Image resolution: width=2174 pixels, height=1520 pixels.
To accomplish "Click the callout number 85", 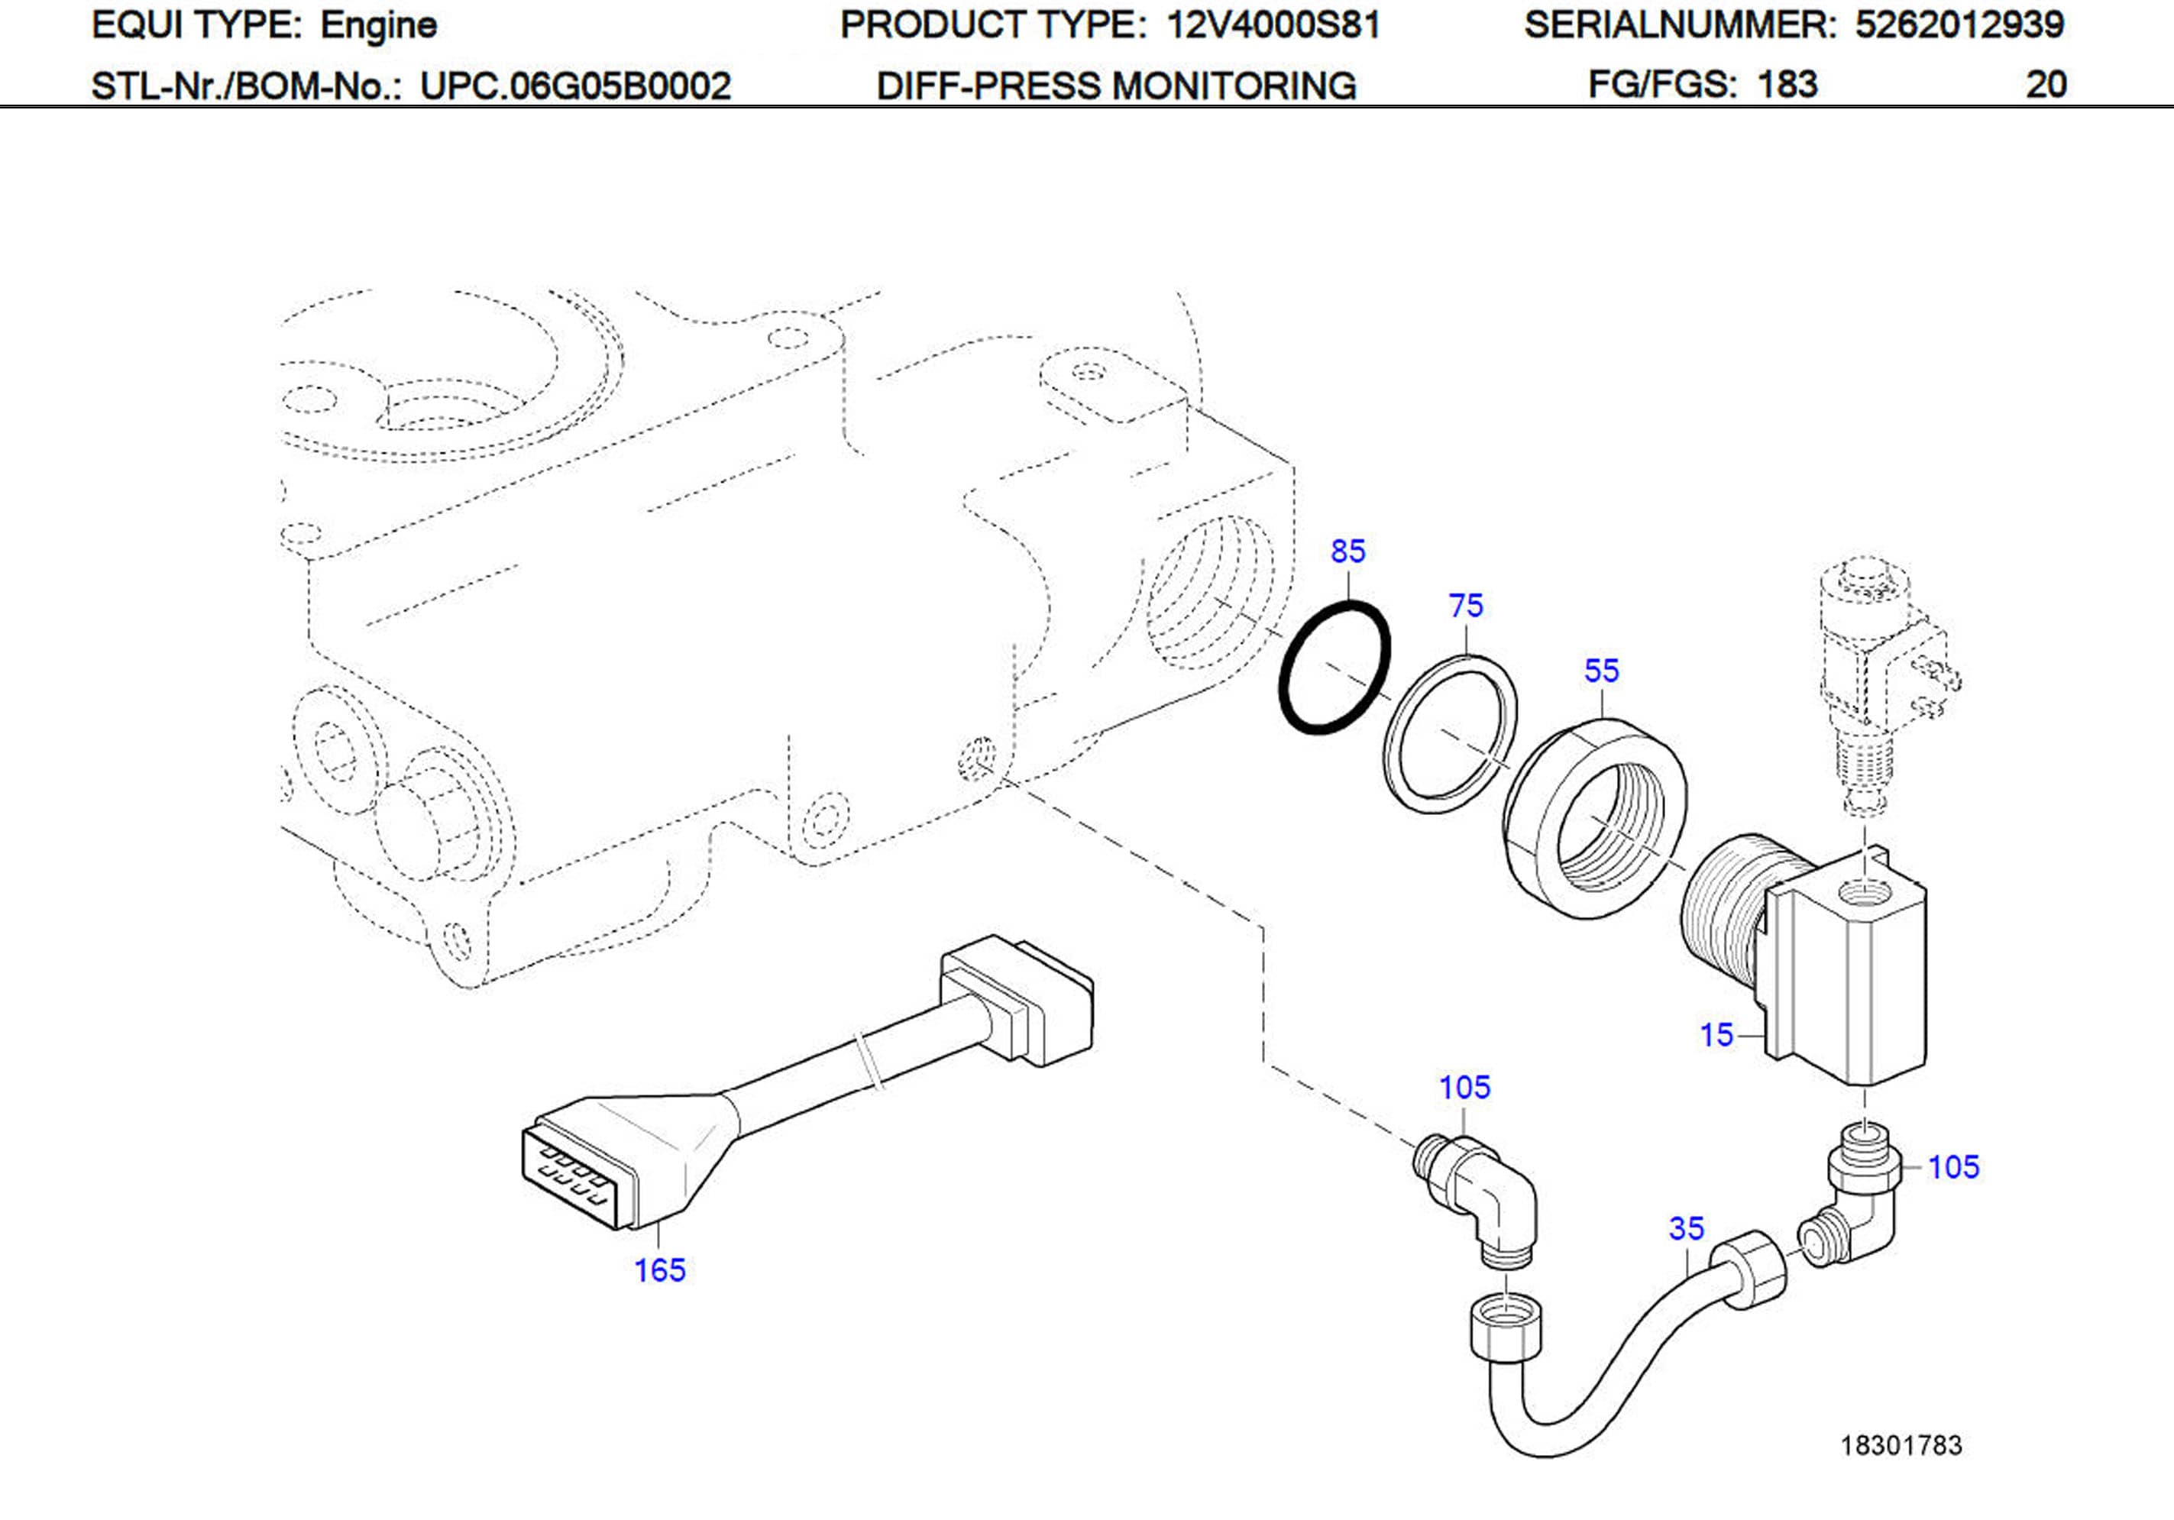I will point(1347,551).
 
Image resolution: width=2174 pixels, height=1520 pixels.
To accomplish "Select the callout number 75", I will point(1466,605).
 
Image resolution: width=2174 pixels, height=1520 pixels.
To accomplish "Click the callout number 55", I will point(1601,671).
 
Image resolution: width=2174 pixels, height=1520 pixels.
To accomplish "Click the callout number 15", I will point(1716,1035).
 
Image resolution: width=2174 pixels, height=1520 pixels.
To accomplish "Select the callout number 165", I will point(659,1270).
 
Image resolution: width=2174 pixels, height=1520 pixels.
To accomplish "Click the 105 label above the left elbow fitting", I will point(1464,1087).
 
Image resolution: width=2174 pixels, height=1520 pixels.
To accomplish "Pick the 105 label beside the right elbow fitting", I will point(1952,1167).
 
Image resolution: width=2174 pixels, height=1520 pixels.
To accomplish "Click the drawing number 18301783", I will point(1901,1445).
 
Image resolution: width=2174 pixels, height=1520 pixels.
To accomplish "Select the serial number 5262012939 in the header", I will point(1959,24).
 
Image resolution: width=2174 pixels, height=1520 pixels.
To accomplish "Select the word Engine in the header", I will point(378,25).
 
